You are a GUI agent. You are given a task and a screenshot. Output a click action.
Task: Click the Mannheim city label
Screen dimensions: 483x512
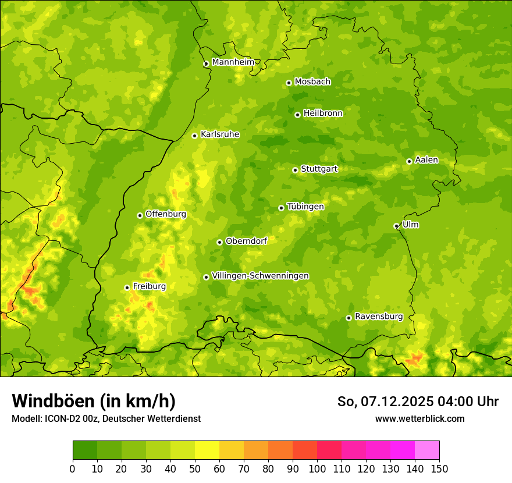click(x=233, y=62)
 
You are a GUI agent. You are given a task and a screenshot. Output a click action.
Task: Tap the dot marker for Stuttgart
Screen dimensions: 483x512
click(x=295, y=170)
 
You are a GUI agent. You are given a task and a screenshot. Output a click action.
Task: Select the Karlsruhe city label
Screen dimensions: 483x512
click(x=220, y=134)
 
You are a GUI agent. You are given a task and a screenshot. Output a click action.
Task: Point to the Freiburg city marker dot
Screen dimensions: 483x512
click(x=127, y=287)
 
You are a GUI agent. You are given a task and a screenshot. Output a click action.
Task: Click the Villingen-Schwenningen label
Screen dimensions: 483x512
click(x=260, y=276)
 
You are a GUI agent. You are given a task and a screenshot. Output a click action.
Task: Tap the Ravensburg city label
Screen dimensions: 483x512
click(x=379, y=317)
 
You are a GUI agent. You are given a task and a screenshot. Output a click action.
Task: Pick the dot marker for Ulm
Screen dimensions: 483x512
click(x=396, y=226)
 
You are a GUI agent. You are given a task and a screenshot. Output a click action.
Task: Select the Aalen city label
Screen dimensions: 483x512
click(x=426, y=160)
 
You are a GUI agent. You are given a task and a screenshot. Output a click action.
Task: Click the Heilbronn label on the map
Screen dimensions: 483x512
click(x=323, y=113)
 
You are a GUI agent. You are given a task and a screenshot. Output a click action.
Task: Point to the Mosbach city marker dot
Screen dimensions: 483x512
click(x=289, y=83)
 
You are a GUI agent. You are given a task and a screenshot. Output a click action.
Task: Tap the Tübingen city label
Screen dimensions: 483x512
click(x=305, y=207)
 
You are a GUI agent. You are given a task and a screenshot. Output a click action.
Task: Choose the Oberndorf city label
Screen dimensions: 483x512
click(x=246, y=241)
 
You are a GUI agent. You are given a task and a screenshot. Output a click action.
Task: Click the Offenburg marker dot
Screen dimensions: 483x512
click(x=140, y=215)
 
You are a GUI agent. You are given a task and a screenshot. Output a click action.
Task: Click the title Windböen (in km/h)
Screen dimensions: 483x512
click(x=94, y=401)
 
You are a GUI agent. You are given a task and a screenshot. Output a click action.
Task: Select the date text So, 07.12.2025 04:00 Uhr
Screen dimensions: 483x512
click(x=418, y=402)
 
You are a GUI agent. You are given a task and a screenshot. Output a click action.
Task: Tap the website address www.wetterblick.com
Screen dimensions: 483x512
click(x=419, y=418)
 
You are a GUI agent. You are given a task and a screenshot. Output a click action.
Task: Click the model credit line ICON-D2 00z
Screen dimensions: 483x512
click(x=106, y=418)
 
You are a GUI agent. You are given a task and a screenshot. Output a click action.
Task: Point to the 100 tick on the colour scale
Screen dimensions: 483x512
click(x=317, y=469)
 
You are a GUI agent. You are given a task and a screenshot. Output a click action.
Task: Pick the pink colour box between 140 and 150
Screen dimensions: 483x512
click(x=426, y=450)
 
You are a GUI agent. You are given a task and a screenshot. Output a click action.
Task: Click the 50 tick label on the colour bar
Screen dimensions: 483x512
click(x=194, y=469)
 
